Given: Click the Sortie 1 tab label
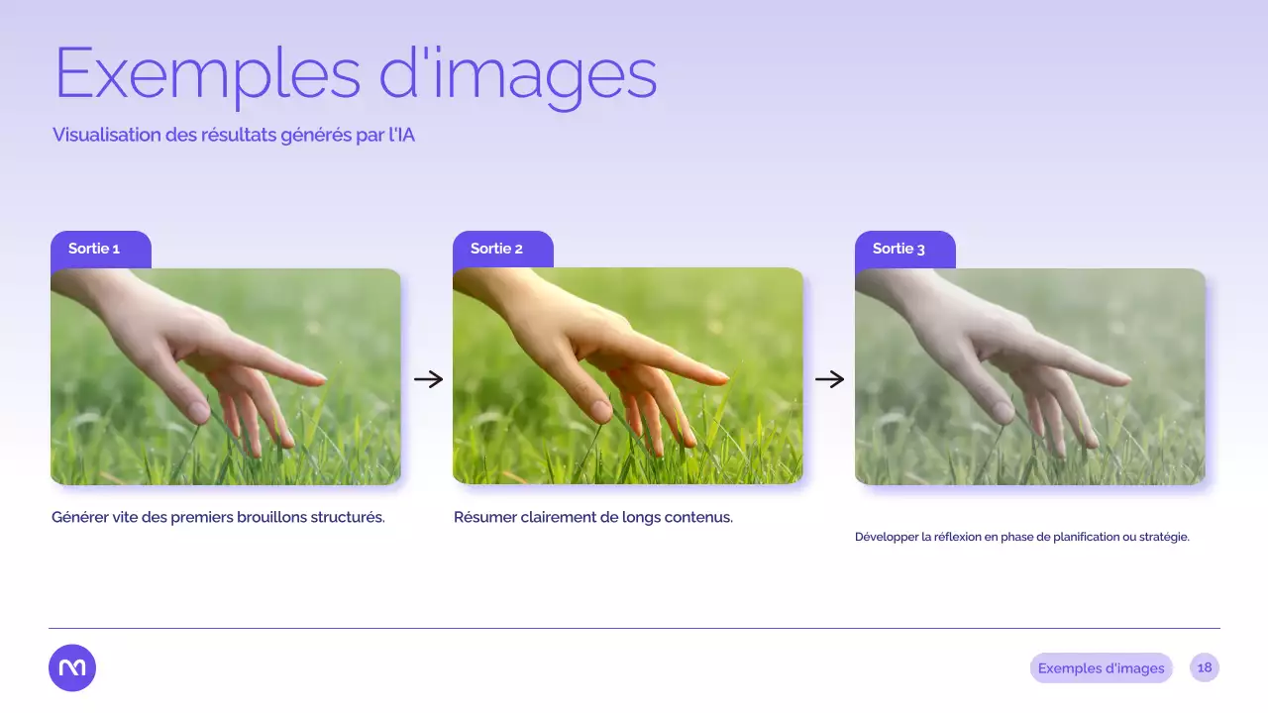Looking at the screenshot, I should coord(94,249).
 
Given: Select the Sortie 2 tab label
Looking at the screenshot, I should coord(496,249).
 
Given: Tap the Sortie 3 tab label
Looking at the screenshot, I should coord(898,249).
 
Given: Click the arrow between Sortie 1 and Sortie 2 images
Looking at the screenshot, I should coord(428,379).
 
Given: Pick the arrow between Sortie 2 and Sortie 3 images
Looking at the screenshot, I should coord(829,379).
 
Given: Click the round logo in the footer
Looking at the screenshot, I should coord(72,667).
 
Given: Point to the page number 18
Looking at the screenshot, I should coord(1205,667).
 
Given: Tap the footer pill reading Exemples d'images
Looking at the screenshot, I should coord(1101,668).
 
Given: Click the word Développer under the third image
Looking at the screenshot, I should coord(886,537).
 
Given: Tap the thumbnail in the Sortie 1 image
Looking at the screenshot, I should coord(197,410).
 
